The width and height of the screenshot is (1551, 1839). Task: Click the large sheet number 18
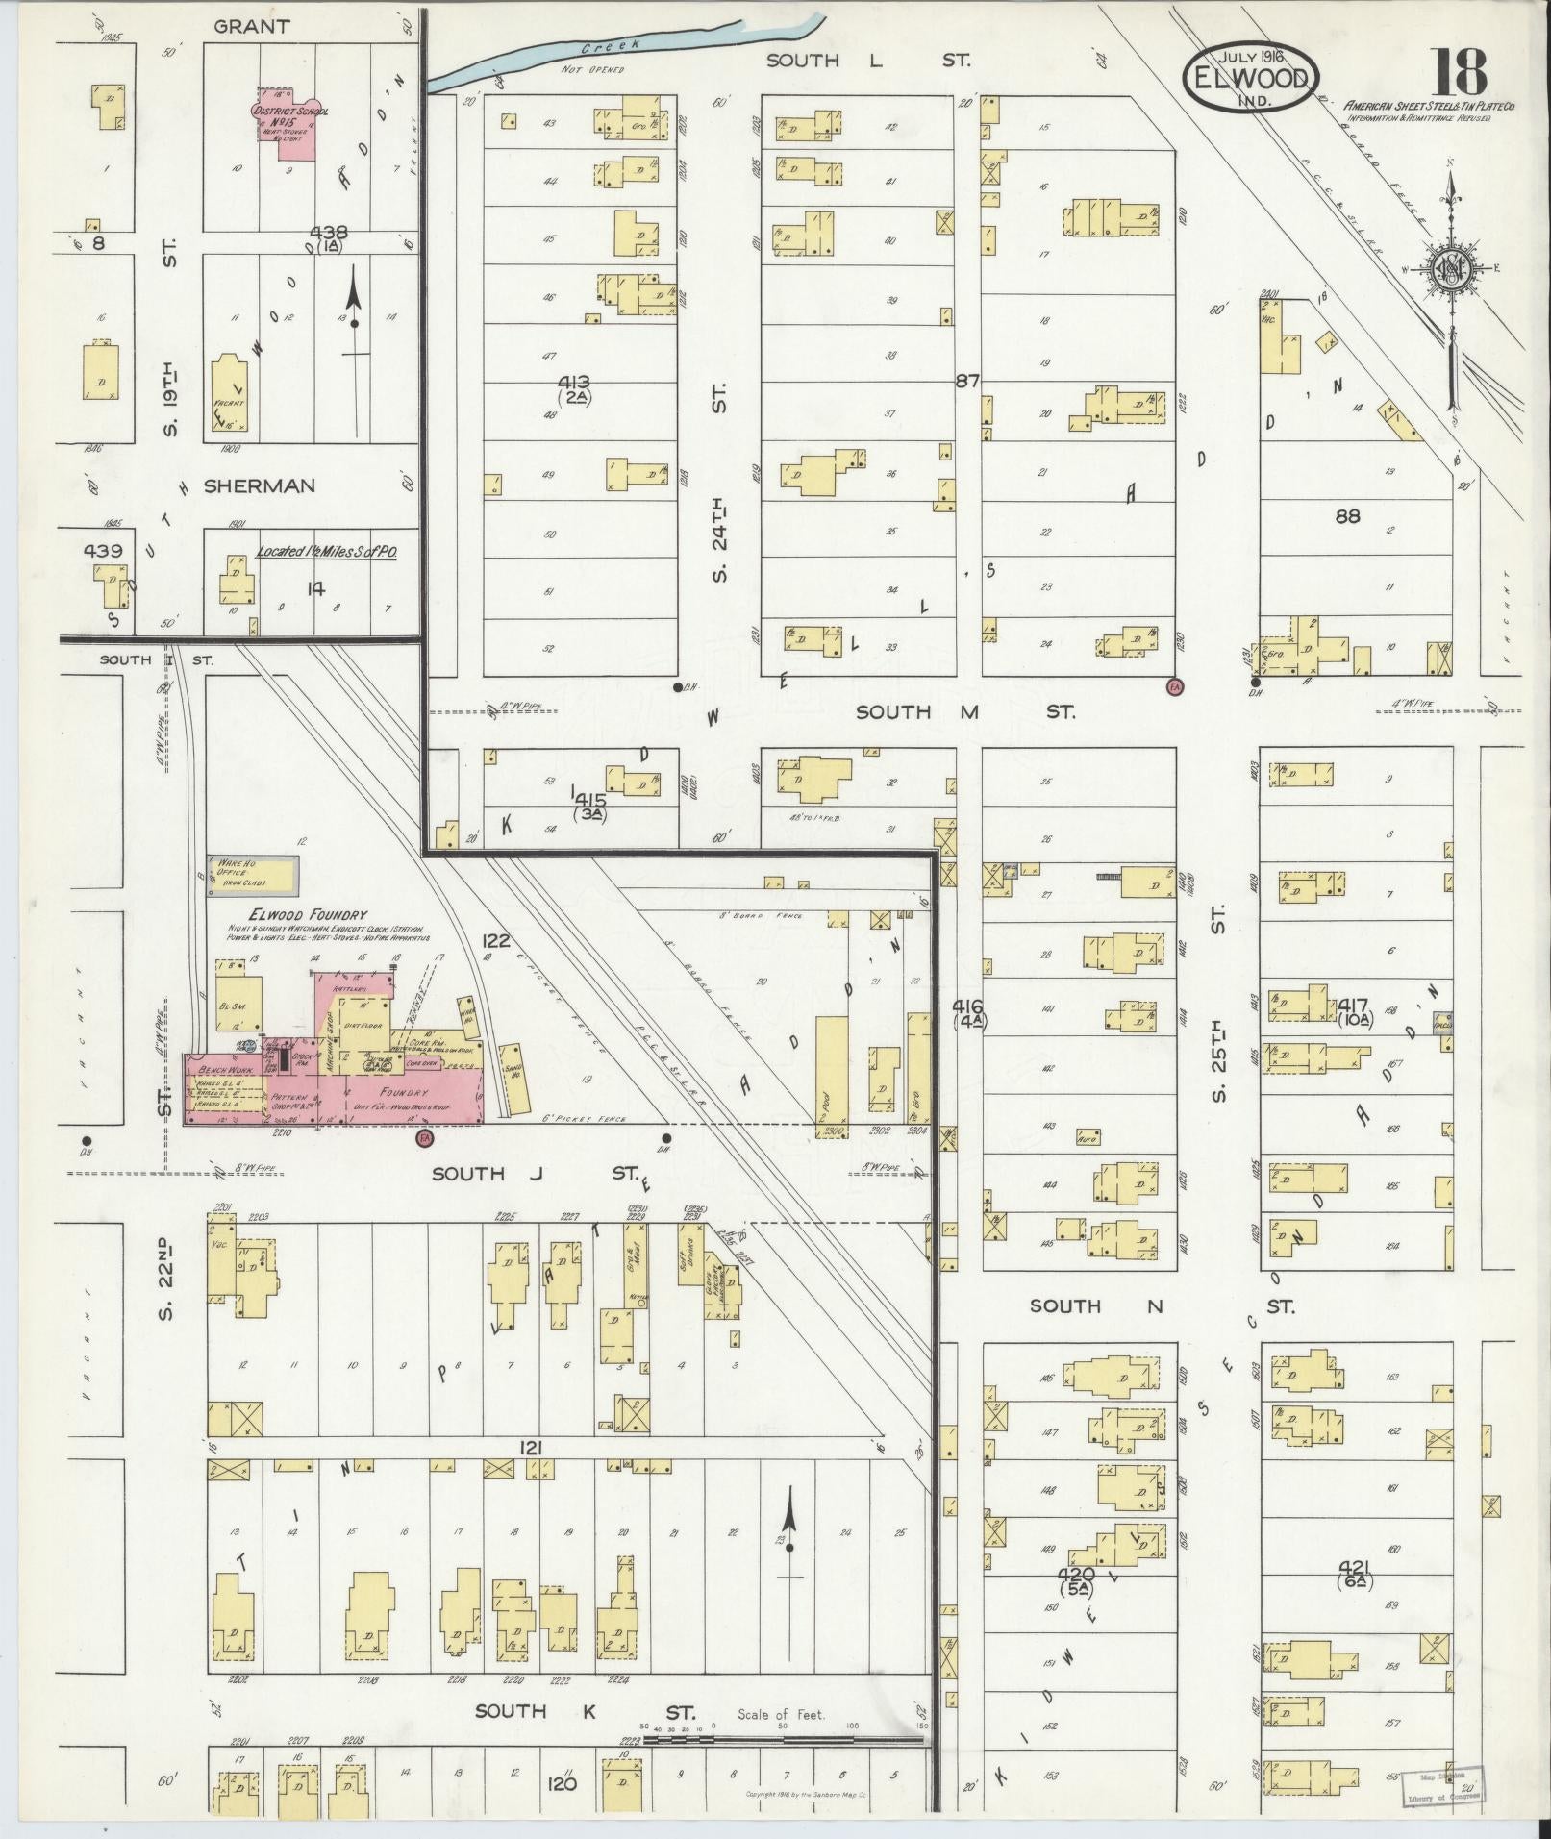point(1461,72)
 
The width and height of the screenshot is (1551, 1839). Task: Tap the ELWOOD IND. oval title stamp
point(1251,79)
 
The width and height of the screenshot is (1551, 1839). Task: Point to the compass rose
point(1450,270)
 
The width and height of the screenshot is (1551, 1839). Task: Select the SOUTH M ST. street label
point(963,712)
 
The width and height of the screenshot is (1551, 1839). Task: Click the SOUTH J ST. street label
point(534,1173)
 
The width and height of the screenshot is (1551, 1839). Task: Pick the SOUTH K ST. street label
point(585,1711)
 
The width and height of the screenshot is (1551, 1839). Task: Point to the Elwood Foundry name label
point(294,916)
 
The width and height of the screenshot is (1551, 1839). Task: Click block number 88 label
point(1347,516)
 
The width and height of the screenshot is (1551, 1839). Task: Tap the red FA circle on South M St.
point(1174,685)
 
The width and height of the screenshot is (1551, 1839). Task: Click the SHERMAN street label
point(259,486)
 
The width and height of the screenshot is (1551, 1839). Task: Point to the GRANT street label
point(251,26)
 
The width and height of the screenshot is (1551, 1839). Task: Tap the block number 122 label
point(495,940)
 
